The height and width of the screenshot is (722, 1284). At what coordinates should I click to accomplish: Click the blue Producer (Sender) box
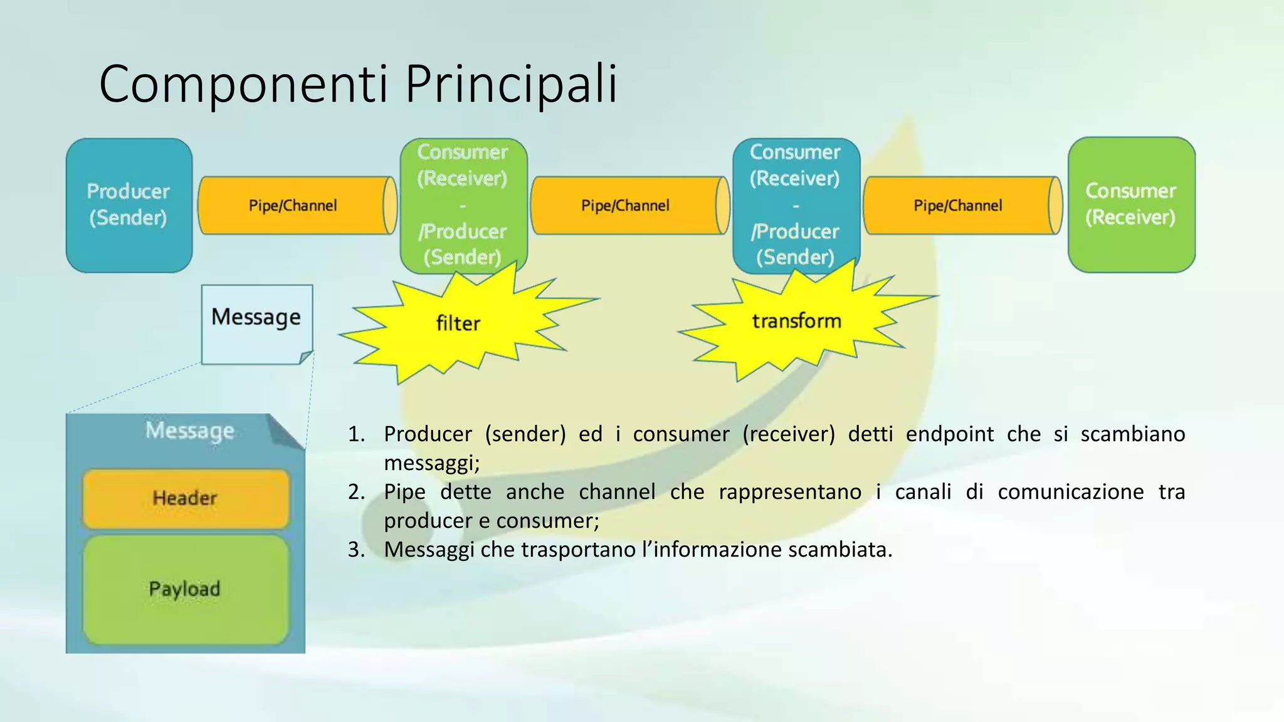pyautogui.click(x=129, y=205)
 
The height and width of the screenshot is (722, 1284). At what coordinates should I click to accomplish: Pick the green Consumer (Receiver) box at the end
pyautogui.click(x=1131, y=205)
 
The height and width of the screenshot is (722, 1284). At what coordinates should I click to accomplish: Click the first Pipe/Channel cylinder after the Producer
pyautogui.click(x=293, y=206)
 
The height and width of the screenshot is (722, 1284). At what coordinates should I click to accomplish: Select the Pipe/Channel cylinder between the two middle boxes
pyautogui.click(x=626, y=206)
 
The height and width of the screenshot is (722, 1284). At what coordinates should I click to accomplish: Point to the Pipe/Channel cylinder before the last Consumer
pyautogui.click(x=958, y=206)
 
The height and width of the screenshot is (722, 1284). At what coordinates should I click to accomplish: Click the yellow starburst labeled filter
pyautogui.click(x=458, y=324)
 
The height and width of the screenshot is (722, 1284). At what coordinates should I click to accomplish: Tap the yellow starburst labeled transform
pyautogui.click(x=796, y=322)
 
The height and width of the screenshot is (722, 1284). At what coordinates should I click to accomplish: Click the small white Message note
pyautogui.click(x=256, y=323)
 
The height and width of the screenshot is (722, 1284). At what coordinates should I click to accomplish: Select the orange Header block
pyautogui.click(x=186, y=498)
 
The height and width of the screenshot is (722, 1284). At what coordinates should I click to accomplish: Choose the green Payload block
pyautogui.click(x=186, y=589)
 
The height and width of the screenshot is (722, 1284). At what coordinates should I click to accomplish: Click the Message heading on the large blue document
pyautogui.click(x=189, y=431)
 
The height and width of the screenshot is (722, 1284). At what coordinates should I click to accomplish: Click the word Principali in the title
pyautogui.click(x=511, y=83)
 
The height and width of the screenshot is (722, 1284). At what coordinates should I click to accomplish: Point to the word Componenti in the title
pyautogui.click(x=244, y=83)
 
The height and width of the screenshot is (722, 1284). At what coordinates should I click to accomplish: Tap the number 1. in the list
pyautogui.click(x=356, y=434)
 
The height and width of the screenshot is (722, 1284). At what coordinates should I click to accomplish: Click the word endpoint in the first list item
pyautogui.click(x=949, y=434)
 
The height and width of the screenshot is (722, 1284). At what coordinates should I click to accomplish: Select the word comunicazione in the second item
pyautogui.click(x=1070, y=492)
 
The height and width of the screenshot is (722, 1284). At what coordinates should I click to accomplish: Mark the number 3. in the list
pyautogui.click(x=356, y=550)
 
